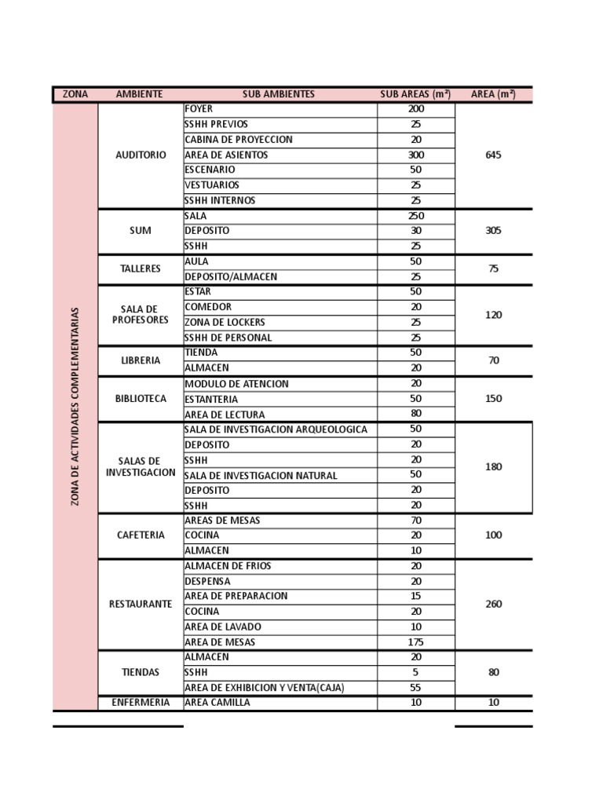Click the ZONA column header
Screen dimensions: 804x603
click(x=75, y=94)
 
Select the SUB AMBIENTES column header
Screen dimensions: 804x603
click(x=279, y=94)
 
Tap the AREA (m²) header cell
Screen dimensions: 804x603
click(x=493, y=94)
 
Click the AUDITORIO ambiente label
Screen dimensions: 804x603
click(x=141, y=155)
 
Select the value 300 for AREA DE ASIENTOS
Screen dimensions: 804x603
click(x=416, y=155)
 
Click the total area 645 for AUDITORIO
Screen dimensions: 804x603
click(x=493, y=155)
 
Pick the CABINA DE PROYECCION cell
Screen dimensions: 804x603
click(x=239, y=140)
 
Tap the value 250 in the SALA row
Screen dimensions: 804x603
click(x=416, y=216)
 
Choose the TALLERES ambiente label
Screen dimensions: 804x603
click(x=141, y=269)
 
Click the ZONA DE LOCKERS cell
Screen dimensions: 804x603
click(x=225, y=323)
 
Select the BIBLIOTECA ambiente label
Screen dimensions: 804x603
click(x=141, y=399)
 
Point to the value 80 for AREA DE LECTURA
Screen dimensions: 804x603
click(x=416, y=414)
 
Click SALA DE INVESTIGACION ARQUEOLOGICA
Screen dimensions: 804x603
click(x=276, y=429)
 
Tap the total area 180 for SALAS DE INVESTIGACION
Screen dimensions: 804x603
click(x=493, y=466)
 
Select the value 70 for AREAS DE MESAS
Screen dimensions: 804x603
click(x=416, y=520)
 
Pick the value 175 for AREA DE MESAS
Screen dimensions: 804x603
click(x=416, y=642)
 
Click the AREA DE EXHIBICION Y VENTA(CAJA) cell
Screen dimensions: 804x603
click(x=265, y=688)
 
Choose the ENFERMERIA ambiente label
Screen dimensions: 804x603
click(x=141, y=703)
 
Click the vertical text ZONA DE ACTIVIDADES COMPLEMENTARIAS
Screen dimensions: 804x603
click(x=75, y=407)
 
